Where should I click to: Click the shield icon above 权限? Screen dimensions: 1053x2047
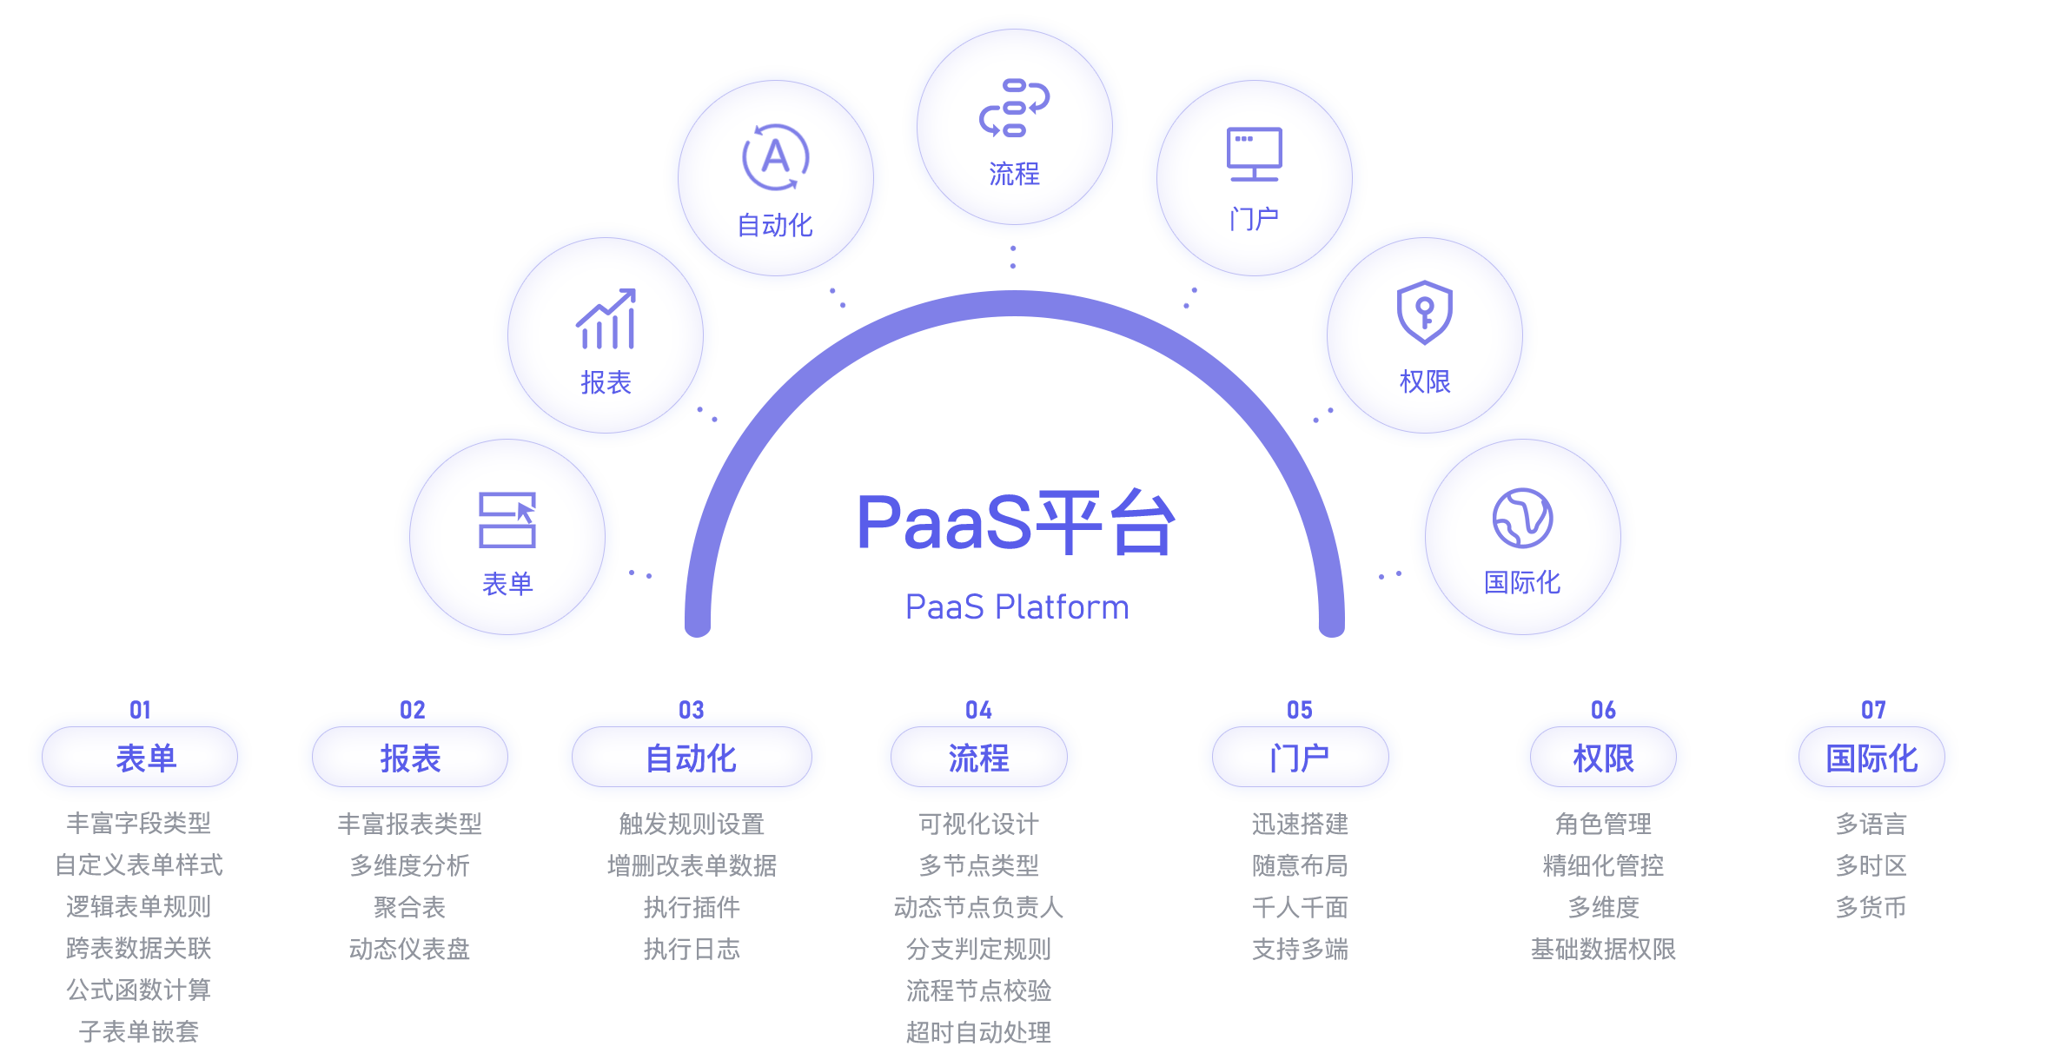tap(1424, 312)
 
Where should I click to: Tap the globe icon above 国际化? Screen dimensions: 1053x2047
tap(1522, 518)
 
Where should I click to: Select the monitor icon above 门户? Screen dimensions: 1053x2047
tap(1254, 155)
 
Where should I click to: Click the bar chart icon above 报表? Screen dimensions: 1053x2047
tap(606, 320)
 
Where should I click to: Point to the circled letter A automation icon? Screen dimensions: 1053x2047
tap(775, 157)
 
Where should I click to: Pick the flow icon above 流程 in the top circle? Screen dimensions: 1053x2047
tap(1014, 108)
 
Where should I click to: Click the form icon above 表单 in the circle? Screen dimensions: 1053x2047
tap(507, 520)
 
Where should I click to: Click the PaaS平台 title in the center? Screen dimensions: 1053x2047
tap(1013, 522)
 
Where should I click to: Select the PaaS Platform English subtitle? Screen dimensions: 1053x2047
tap(1015, 606)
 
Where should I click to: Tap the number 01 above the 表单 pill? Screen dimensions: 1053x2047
tap(140, 710)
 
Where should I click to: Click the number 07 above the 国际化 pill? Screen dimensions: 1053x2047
tap(1873, 710)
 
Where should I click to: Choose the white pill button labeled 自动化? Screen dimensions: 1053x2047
tap(692, 758)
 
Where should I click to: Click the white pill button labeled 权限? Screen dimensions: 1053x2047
tap(1603, 758)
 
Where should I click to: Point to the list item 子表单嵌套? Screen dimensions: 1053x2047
tap(139, 1031)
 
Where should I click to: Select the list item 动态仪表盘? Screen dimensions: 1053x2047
tap(409, 949)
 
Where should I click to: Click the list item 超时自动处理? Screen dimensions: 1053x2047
tap(978, 1032)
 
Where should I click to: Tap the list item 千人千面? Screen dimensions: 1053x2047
tap(1300, 907)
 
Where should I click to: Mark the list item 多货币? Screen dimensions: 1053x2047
tap(1871, 907)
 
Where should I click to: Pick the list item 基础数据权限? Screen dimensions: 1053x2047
tap(1603, 949)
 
